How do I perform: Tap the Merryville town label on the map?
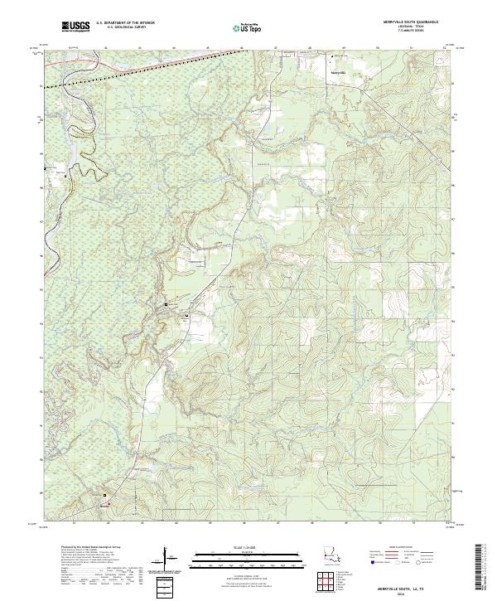click(338, 70)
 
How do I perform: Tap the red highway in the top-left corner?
click(182, 58)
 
